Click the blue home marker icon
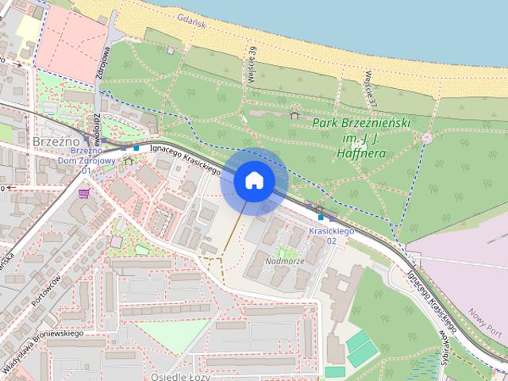point(254,180)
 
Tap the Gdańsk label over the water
point(192,25)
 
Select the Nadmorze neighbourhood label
point(285,260)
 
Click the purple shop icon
point(84,192)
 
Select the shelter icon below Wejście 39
point(294,115)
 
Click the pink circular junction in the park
point(427,138)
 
